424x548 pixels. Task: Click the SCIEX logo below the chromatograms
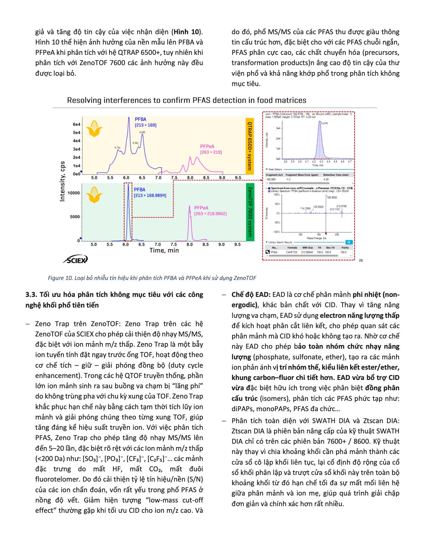coord(75,259)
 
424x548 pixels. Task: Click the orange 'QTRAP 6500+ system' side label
coord(250,145)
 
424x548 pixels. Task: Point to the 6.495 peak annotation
coord(142,132)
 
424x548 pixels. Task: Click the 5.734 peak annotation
coord(117,147)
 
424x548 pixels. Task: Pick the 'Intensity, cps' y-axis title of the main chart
coord(63,181)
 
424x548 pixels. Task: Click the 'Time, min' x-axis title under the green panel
coord(164,250)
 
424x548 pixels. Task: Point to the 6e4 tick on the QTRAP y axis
coord(76,124)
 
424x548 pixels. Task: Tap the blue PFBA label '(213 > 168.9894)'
coord(150,195)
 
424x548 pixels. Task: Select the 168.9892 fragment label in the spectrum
coord(334,197)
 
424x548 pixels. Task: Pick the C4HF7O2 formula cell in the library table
coord(293,252)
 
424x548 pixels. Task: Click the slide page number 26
coord(361,260)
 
